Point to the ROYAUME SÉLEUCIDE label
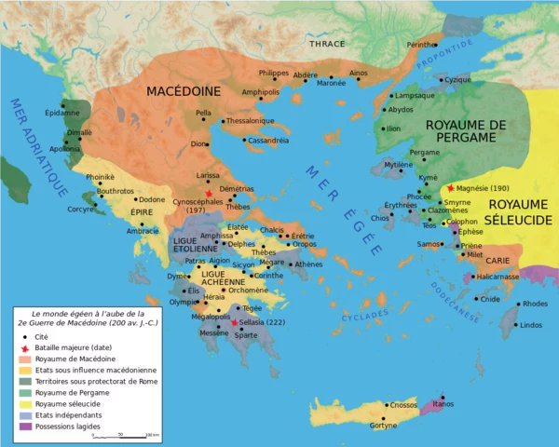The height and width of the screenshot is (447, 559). tap(522, 211)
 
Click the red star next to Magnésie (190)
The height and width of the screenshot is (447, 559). tap(451, 187)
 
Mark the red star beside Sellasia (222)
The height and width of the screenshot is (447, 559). tap(235, 322)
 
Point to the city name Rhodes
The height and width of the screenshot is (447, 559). tap(536, 304)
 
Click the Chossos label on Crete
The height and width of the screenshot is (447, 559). tap(404, 405)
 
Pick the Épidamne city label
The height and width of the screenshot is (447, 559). tap(62, 113)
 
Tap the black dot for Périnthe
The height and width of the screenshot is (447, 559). tap(436, 45)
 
